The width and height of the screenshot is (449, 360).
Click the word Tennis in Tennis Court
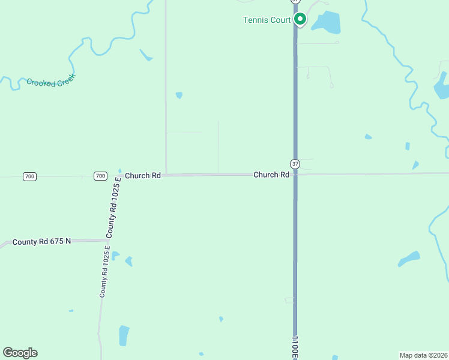pos(255,20)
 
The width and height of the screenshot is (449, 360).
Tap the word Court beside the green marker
pos(280,20)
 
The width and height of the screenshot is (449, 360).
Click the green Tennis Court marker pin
pos(300,19)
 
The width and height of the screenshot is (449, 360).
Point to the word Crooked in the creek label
pos(41,82)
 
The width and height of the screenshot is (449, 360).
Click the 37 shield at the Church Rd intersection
pos(295,164)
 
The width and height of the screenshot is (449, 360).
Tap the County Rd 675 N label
pos(41,241)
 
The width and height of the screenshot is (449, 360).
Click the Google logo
pos(20,353)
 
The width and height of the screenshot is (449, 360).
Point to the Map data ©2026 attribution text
pos(423,355)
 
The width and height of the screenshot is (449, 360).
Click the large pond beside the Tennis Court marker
pos(326,23)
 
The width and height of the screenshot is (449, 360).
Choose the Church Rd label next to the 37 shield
pos(271,175)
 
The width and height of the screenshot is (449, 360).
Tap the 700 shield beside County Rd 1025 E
pos(100,176)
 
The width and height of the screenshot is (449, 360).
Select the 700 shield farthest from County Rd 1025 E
pos(30,176)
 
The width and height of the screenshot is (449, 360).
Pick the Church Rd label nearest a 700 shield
pos(143,176)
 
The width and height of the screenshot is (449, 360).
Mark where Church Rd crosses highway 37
pos(295,175)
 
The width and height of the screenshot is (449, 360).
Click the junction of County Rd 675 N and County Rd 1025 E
pos(107,240)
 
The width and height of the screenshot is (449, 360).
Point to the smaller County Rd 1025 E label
pos(104,272)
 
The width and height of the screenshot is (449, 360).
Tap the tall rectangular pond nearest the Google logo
pos(124,335)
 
